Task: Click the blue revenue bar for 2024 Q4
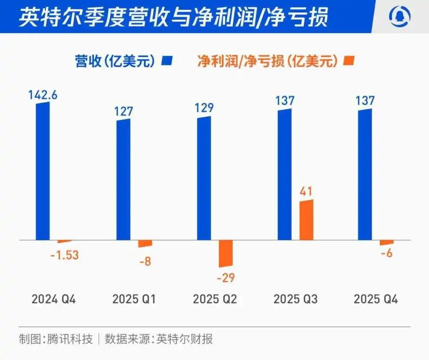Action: (43, 172)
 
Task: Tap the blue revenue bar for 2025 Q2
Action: (204, 179)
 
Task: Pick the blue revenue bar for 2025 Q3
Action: (284, 175)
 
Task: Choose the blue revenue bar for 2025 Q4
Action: (365, 175)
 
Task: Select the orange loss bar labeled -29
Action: (226, 254)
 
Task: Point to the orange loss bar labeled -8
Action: (145, 244)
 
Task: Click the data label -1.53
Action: (65, 256)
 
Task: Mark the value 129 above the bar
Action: (204, 108)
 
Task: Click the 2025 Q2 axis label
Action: (214, 299)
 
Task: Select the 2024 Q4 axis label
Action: (54, 299)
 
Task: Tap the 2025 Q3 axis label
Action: (295, 299)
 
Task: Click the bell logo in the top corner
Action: (399, 17)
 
